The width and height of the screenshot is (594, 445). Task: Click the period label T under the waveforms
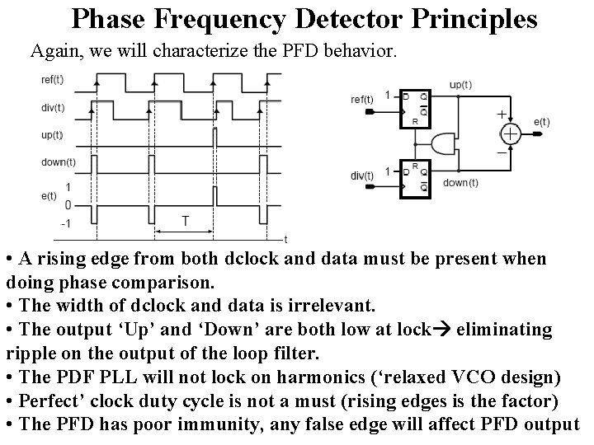(x=186, y=221)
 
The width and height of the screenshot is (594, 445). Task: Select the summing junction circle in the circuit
(x=511, y=133)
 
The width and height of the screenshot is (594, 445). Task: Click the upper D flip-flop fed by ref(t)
(x=415, y=105)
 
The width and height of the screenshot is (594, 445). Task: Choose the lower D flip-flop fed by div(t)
(x=415, y=179)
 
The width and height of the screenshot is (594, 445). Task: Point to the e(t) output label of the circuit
(x=541, y=122)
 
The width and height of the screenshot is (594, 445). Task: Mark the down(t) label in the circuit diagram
(x=460, y=183)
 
